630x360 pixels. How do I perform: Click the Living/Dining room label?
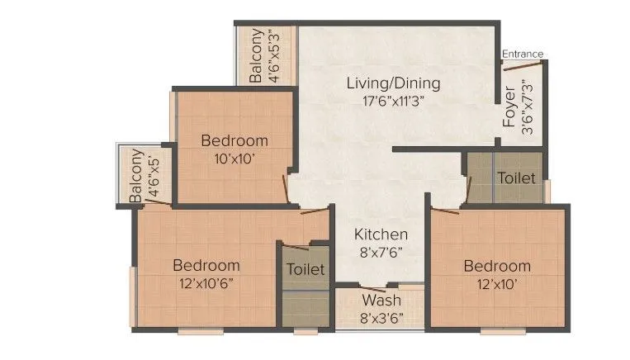(393, 83)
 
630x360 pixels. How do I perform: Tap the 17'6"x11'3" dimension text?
(393, 101)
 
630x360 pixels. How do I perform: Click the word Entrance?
(523, 54)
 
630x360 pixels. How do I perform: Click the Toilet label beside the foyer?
(515, 178)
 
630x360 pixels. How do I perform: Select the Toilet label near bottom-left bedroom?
(305, 270)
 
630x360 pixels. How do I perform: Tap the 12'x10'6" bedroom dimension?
(206, 283)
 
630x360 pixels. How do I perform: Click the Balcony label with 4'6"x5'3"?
(257, 55)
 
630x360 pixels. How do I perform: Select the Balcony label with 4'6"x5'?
(137, 176)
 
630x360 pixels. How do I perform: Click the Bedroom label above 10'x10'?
(234, 140)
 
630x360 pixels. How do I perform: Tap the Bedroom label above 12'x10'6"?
(206, 265)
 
